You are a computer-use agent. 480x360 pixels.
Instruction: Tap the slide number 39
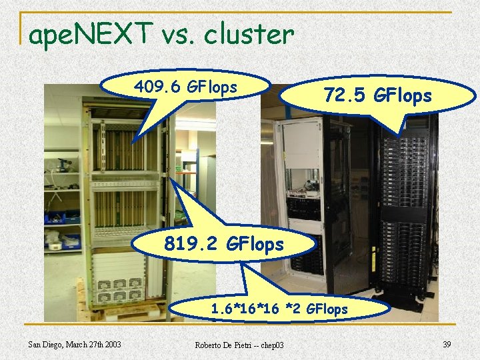point(447,343)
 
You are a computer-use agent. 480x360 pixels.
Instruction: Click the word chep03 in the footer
point(271,345)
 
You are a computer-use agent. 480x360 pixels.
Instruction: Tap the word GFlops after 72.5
point(403,96)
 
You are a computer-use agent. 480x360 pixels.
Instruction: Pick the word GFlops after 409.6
point(213,87)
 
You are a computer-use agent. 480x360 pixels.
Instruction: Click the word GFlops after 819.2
point(255,245)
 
